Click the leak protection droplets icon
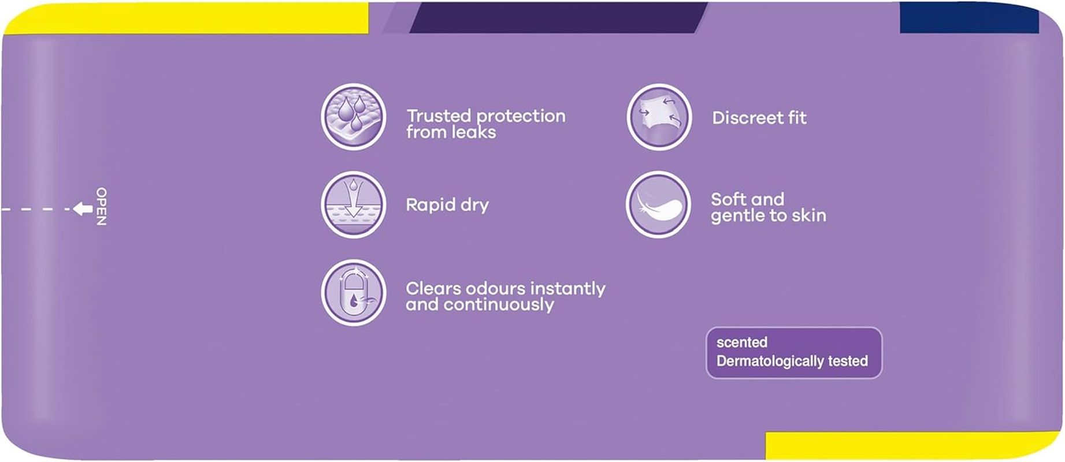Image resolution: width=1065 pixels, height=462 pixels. pyautogui.click(x=353, y=117)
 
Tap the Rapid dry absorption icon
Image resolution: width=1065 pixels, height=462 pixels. pyautogui.click(x=353, y=204)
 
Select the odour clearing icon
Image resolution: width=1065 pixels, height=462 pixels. pyautogui.click(x=353, y=293)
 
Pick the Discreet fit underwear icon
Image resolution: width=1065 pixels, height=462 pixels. pyautogui.click(x=659, y=117)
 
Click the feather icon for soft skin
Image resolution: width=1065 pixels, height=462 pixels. pyautogui.click(x=658, y=204)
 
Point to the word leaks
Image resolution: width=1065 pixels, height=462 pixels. pyautogui.click(x=474, y=132)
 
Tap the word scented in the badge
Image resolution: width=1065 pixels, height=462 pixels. pyautogui.click(x=742, y=342)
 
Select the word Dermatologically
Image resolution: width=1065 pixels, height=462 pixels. pyautogui.click(x=770, y=362)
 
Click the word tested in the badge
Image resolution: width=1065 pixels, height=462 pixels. pyautogui.click(x=848, y=361)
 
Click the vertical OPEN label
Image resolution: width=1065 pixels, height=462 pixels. pyautogui.click(x=101, y=206)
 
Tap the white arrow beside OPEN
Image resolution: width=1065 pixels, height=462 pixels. pyautogui.click(x=83, y=208)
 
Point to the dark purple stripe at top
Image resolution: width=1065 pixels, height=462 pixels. pyautogui.click(x=558, y=17)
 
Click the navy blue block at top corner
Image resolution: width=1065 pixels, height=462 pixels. pyautogui.click(x=969, y=17)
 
